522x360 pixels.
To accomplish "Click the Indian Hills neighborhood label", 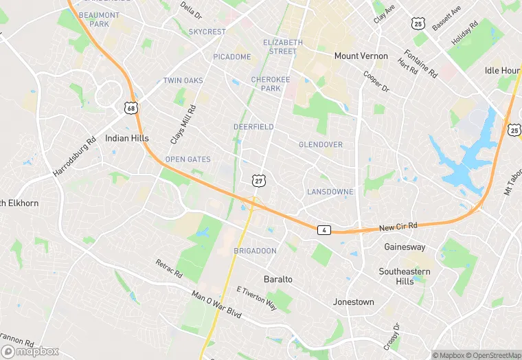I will coord(126,138).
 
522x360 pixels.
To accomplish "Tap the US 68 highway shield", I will coord(130,108).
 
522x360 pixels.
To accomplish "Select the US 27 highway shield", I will coord(258,180).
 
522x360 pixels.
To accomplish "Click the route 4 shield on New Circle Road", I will coord(323,229).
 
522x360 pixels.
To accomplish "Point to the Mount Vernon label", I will coord(361,56).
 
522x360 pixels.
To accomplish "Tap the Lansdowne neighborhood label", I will coord(330,192).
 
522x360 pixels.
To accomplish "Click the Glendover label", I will coord(320,144).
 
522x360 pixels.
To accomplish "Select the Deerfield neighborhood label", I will coord(253,127).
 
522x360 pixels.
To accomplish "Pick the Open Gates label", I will coord(188,159).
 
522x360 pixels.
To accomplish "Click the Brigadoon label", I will coord(255,251).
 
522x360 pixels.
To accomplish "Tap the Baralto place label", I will coord(278,279).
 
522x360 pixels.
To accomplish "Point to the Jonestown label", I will coord(353,302).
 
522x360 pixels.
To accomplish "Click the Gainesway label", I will coord(405,247).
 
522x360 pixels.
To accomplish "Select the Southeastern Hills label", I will coord(405,276).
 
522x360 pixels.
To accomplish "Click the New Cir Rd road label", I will coord(398,226).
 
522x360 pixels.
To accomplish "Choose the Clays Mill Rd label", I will coord(183,124).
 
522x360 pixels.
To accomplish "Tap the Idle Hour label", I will coord(501,71).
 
